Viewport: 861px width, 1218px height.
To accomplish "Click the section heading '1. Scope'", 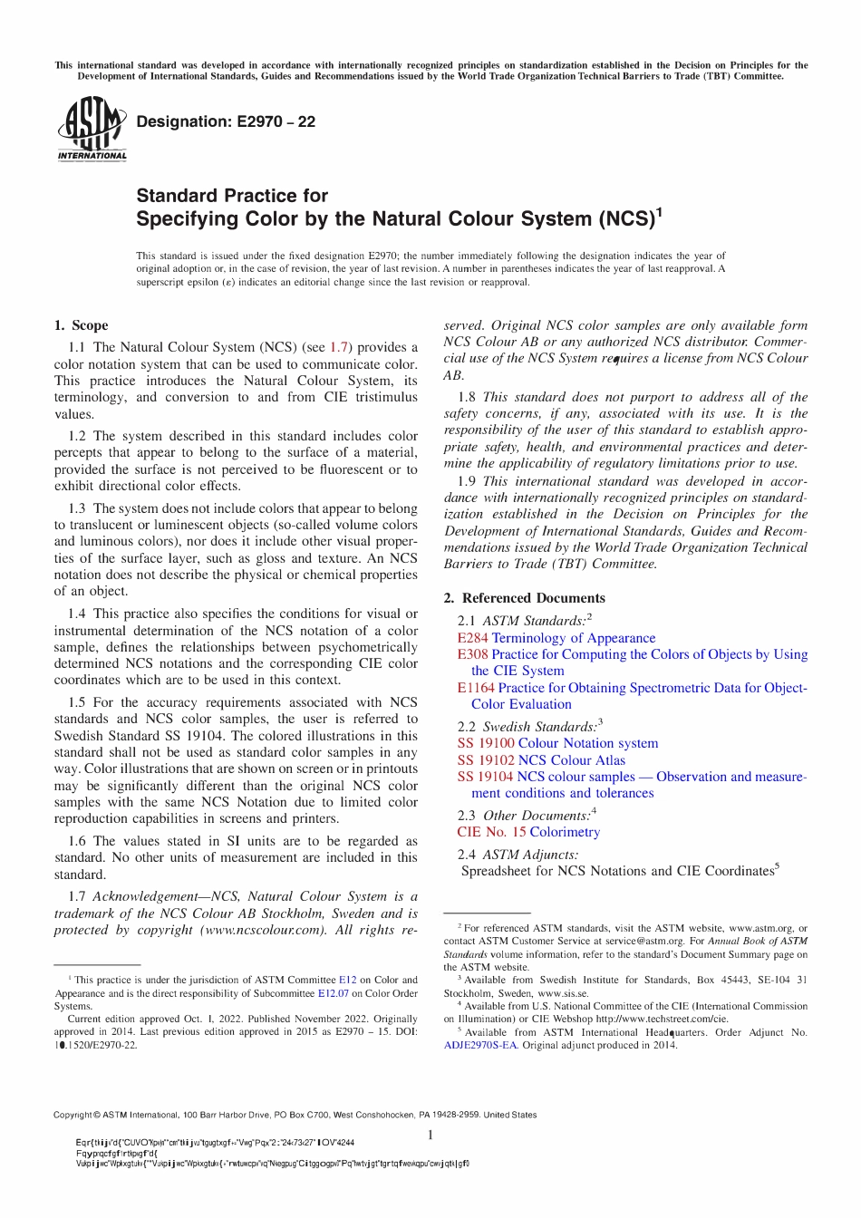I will [81, 325].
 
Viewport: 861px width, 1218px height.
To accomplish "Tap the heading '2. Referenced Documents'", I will [524, 598].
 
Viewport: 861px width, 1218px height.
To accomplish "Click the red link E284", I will [472, 638].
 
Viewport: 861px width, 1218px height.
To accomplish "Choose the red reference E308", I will [472, 654].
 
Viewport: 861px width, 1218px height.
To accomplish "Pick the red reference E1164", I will [476, 688].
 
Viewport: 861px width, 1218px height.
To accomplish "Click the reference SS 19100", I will [485, 743].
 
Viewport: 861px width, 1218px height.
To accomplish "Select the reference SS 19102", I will [485, 760].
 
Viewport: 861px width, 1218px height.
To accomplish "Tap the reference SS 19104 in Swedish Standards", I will [485, 777].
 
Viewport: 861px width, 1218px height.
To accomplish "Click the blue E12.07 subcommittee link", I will [333, 993].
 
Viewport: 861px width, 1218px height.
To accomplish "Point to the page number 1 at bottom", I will [430, 1135].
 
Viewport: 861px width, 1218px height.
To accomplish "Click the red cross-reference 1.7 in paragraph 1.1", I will [339, 347].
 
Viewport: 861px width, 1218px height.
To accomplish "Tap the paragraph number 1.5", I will [78, 702].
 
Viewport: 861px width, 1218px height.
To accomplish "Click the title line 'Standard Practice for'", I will [232, 196].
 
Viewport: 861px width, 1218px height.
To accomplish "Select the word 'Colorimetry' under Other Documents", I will [565, 832].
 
